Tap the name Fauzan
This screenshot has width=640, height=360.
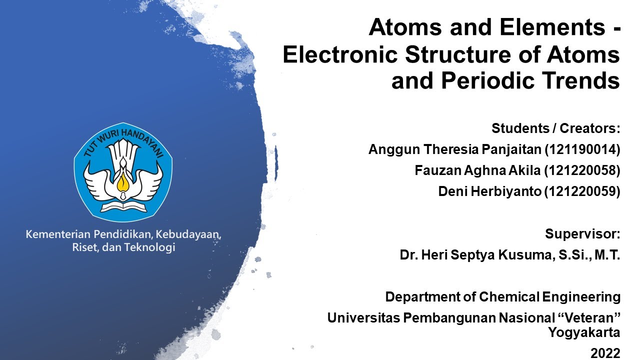(434, 170)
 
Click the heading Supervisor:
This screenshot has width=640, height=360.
(582, 234)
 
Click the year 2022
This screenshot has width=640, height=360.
(605, 353)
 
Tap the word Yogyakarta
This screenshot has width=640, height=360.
(584, 332)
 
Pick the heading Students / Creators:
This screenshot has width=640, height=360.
(555, 128)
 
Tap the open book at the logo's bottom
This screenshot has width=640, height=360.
(123, 205)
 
